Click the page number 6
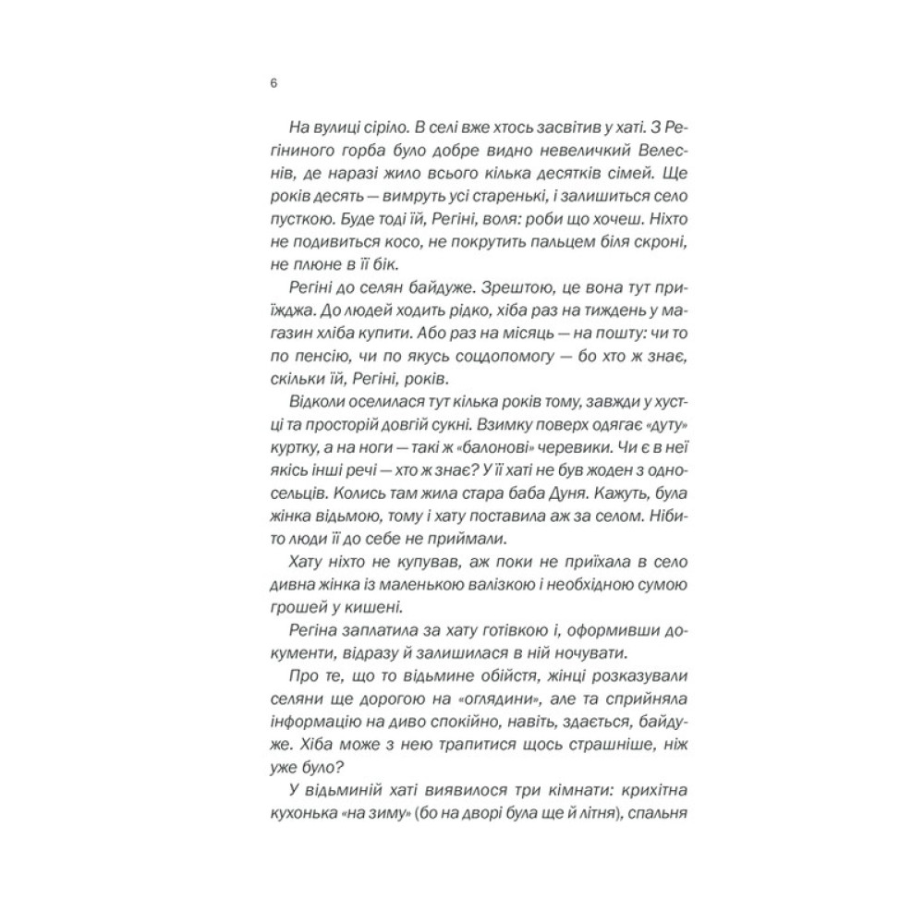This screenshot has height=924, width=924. click(273, 83)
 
